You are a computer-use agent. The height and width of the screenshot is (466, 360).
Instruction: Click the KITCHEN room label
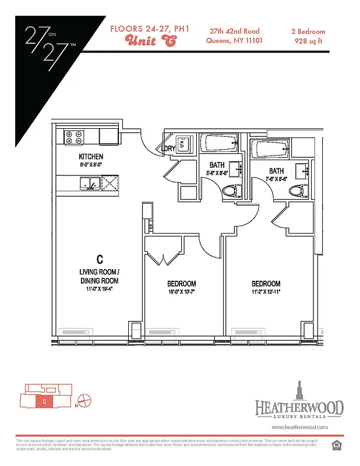click(91, 157)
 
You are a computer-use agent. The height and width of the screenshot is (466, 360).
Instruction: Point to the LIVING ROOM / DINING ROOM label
click(99, 276)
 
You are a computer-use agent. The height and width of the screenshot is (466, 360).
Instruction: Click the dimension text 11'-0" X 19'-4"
click(99, 288)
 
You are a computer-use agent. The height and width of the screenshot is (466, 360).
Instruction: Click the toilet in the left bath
click(231, 190)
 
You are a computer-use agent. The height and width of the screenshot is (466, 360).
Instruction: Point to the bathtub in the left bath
click(219, 144)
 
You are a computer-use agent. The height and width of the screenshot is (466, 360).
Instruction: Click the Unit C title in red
click(150, 41)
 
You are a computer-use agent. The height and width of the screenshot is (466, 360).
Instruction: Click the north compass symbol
click(84, 401)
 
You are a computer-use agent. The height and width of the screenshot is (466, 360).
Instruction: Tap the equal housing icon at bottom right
click(335, 446)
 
